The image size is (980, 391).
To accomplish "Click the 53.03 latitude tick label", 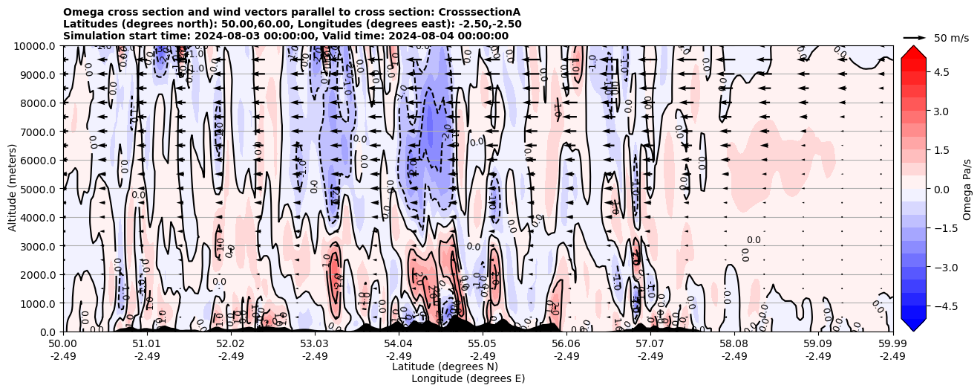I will tap(315, 345).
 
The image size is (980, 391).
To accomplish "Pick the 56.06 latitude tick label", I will tap(566, 345).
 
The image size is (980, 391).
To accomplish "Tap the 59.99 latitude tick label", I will tap(892, 345).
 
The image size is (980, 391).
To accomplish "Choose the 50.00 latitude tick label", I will tap(63, 345).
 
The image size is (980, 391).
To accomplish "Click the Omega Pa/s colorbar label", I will tap(967, 189).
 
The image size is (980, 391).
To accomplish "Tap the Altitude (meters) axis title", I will tap(13, 189).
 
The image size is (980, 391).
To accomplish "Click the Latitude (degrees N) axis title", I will tap(445, 366).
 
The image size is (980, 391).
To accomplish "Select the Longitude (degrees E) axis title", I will tap(468, 378).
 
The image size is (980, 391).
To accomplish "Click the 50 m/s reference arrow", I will tap(915, 37).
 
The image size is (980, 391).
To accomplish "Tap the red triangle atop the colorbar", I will tap(912, 51).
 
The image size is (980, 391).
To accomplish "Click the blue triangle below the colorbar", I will tap(912, 324).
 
